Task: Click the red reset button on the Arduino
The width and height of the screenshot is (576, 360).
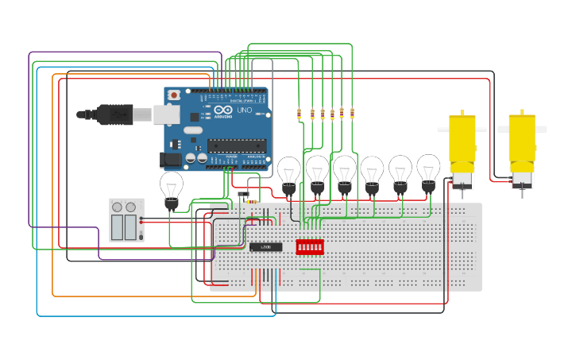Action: click(x=174, y=95)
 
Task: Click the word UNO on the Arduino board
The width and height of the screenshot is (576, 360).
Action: click(x=245, y=110)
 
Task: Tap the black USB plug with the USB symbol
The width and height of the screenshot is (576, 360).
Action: click(x=116, y=114)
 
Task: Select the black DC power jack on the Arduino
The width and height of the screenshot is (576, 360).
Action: click(x=171, y=160)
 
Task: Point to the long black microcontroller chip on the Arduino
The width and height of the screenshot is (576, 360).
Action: click(x=237, y=145)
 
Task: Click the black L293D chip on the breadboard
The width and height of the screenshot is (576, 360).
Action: click(x=265, y=246)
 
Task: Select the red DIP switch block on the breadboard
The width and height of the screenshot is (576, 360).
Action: click(x=309, y=247)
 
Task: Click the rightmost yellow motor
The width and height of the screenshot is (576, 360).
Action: click(x=522, y=143)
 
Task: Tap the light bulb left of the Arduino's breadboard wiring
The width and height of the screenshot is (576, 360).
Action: click(x=172, y=190)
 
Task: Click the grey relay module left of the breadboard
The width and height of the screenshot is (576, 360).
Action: click(x=126, y=220)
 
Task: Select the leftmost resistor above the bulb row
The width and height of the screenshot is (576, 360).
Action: click(x=300, y=114)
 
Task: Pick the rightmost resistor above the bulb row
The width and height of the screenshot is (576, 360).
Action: click(x=352, y=114)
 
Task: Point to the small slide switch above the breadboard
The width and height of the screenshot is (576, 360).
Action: click(x=244, y=193)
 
